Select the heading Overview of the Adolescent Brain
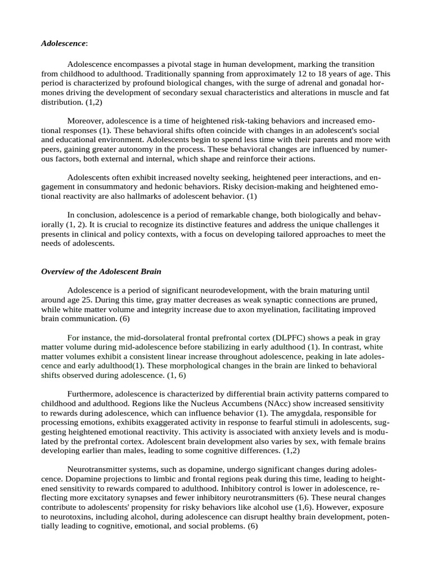[x=101, y=271]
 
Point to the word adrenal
[x=302, y=84]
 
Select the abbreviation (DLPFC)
[x=292, y=337]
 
